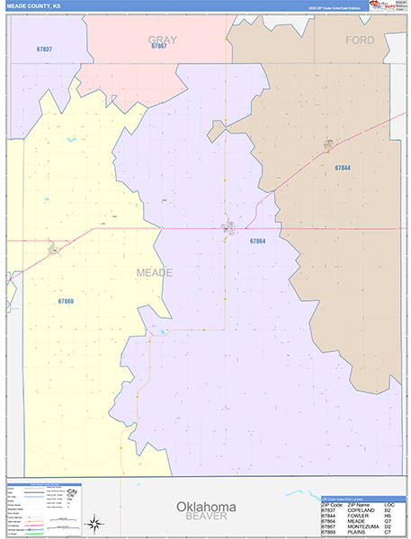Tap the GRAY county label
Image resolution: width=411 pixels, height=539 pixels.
tap(162, 40)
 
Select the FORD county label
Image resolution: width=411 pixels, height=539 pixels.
tap(360, 40)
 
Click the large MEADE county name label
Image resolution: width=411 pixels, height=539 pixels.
tap(154, 271)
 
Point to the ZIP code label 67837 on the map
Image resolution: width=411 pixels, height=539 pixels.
tap(44, 49)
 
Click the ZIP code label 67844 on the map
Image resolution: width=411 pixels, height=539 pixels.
tap(342, 168)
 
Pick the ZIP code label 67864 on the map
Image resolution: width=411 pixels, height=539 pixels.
tap(257, 241)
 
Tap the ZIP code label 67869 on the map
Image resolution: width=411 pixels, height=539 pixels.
tap(66, 300)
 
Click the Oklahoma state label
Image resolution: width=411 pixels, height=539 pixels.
tap(206, 506)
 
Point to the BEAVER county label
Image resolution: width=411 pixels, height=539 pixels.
tap(206, 517)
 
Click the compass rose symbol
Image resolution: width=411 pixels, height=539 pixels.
tap(94, 523)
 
